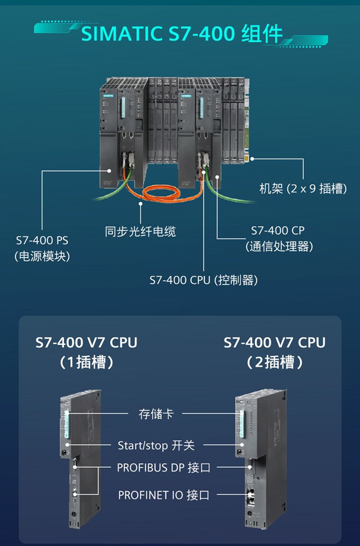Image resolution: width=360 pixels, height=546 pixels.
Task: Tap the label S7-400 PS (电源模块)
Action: point(42,248)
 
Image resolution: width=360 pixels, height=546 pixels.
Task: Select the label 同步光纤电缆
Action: point(141,231)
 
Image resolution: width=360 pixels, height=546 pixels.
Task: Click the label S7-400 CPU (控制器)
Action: point(204,280)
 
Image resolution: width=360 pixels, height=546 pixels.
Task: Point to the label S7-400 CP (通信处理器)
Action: point(278,238)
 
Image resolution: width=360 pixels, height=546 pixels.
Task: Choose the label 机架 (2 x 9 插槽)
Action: point(303,189)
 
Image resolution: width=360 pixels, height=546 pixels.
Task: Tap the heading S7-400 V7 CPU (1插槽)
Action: point(86,352)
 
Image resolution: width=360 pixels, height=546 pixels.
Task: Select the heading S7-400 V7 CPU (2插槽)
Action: point(275,352)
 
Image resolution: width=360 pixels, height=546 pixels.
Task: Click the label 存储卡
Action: point(156,413)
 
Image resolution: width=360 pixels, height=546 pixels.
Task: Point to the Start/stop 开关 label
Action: point(156,445)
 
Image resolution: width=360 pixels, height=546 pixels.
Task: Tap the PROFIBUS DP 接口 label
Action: point(164,467)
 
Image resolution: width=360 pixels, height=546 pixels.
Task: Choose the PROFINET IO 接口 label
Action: point(164,495)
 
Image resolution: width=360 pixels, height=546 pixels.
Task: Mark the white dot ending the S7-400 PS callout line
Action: point(110,170)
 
